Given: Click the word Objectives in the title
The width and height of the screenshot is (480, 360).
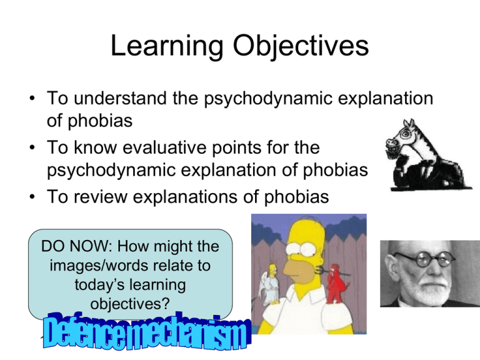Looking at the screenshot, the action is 301,46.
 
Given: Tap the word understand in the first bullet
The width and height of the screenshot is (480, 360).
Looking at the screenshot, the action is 120,98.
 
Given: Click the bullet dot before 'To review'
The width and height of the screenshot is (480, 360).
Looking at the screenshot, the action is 32,196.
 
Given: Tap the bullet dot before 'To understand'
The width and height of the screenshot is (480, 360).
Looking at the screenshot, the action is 32,98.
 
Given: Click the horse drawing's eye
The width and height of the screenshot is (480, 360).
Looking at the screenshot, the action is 405,134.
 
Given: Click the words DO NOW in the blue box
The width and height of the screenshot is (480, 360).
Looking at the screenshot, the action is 76,246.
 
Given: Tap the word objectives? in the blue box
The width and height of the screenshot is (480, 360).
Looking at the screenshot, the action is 130,304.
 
